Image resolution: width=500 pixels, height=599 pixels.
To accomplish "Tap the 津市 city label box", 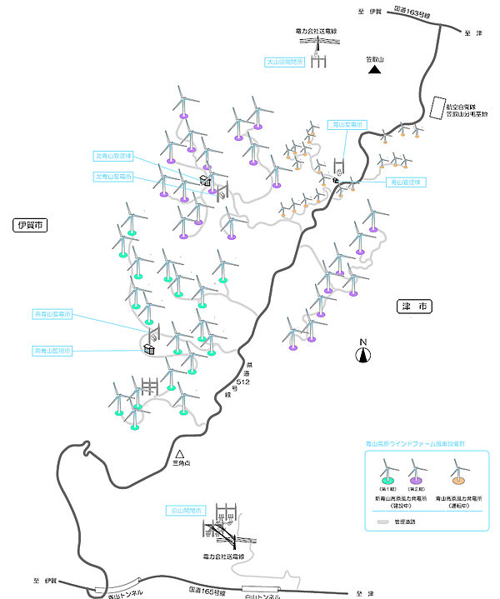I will (x=414, y=307).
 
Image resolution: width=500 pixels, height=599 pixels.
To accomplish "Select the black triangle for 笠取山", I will (x=375, y=70).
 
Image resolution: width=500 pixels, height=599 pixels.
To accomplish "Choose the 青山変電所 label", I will (x=346, y=124).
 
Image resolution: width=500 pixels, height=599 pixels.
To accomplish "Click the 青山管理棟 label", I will (x=406, y=182).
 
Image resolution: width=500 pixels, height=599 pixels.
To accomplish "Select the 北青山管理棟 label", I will (x=112, y=156).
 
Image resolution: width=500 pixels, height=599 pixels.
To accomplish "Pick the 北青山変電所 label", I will (x=112, y=176).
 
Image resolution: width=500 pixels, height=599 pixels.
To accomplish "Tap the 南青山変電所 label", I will (x=52, y=315).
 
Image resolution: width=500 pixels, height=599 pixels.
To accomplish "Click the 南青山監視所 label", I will (x=52, y=351).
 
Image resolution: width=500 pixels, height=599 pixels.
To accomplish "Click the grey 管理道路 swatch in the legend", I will (x=385, y=522).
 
